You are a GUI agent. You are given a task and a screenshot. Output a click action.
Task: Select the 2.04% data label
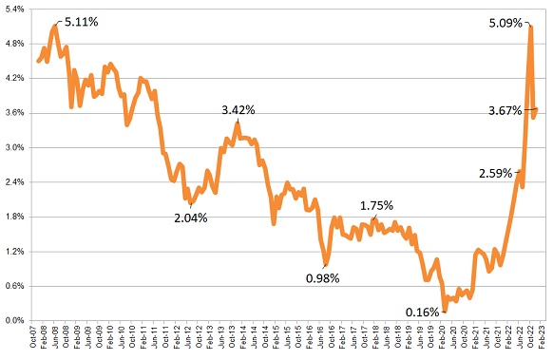tap(190, 218)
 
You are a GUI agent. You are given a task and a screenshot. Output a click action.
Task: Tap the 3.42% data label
tap(238, 110)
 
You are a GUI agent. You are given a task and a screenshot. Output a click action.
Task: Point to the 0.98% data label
tap(322, 278)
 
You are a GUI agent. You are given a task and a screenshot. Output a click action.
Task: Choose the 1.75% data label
tap(377, 204)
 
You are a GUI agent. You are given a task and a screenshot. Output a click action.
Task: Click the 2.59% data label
tap(496, 174)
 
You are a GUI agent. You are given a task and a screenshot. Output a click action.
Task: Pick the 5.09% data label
tap(505, 23)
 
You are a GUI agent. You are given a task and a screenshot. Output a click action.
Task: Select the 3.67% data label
tap(505, 110)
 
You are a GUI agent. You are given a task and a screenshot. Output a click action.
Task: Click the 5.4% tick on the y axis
tap(17, 9)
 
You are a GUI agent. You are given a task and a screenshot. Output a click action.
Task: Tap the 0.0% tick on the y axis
tap(17, 321)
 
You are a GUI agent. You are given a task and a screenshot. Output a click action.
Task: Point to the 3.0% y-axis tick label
tap(17, 148)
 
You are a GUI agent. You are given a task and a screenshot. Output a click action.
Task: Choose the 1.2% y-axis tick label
tap(17, 252)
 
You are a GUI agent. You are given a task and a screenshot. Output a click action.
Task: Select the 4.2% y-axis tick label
tap(17, 79)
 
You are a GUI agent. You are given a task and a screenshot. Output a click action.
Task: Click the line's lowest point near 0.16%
tap(444, 311)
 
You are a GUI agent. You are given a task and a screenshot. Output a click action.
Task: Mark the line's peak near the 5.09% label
tap(529, 27)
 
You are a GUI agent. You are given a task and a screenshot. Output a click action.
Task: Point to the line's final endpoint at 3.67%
tap(537, 109)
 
